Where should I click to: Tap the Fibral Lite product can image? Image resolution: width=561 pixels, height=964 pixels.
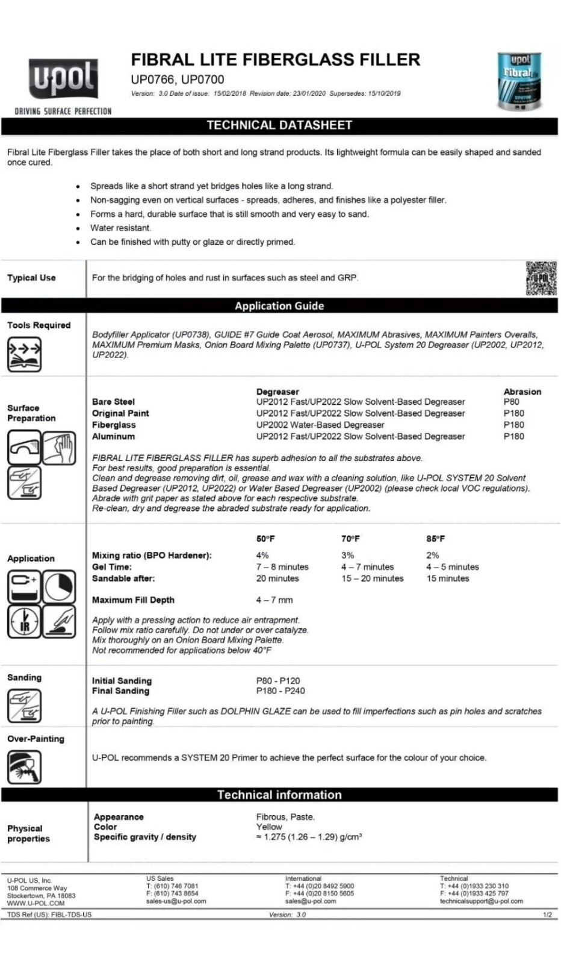519,81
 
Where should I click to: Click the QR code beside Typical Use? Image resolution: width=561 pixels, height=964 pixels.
541,278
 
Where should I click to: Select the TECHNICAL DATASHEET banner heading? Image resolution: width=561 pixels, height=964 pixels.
279,125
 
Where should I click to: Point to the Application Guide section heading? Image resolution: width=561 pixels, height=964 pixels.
279,306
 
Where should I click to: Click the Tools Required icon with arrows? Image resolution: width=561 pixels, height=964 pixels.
24,354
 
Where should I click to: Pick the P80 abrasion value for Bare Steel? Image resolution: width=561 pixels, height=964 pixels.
511,402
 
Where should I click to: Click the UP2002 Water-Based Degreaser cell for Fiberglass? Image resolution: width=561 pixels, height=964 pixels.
320,425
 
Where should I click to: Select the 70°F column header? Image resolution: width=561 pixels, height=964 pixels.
350,539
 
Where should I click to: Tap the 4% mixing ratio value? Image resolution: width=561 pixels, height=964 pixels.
262,556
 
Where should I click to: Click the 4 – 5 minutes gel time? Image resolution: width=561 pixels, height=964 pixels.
452,567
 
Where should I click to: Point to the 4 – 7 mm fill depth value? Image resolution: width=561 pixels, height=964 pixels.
274,600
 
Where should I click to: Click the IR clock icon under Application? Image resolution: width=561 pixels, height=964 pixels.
24,621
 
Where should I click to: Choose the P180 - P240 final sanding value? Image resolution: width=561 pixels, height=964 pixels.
280,691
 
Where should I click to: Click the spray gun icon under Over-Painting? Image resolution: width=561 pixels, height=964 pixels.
24,767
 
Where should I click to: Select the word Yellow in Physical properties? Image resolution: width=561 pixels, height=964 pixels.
269,827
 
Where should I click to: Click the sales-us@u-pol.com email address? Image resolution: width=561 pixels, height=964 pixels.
176,901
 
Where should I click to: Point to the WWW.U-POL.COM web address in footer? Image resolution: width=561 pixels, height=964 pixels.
36,903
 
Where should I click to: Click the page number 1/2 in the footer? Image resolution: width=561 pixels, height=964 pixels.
547,915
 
